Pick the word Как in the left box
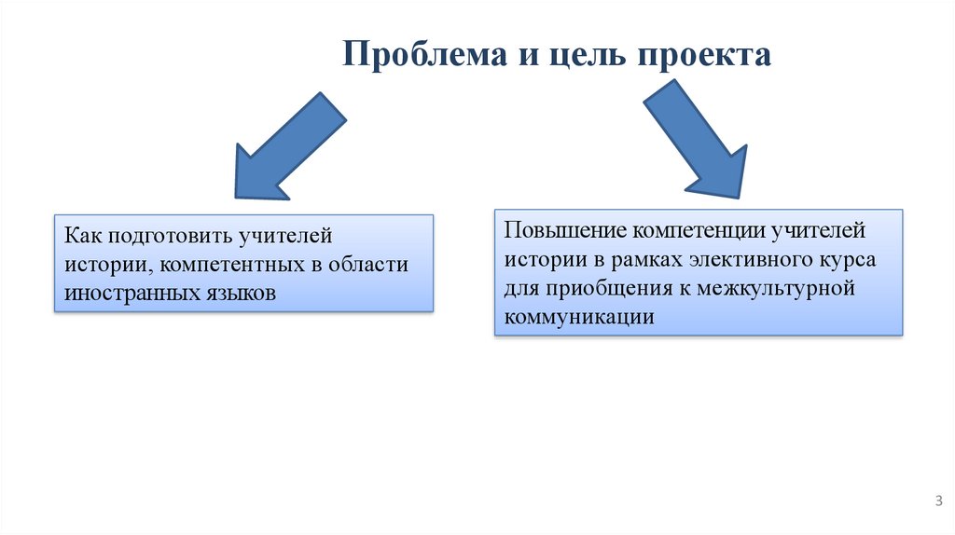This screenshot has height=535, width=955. pyautogui.click(x=81, y=237)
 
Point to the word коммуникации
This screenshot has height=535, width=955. pyautogui.click(x=578, y=317)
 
